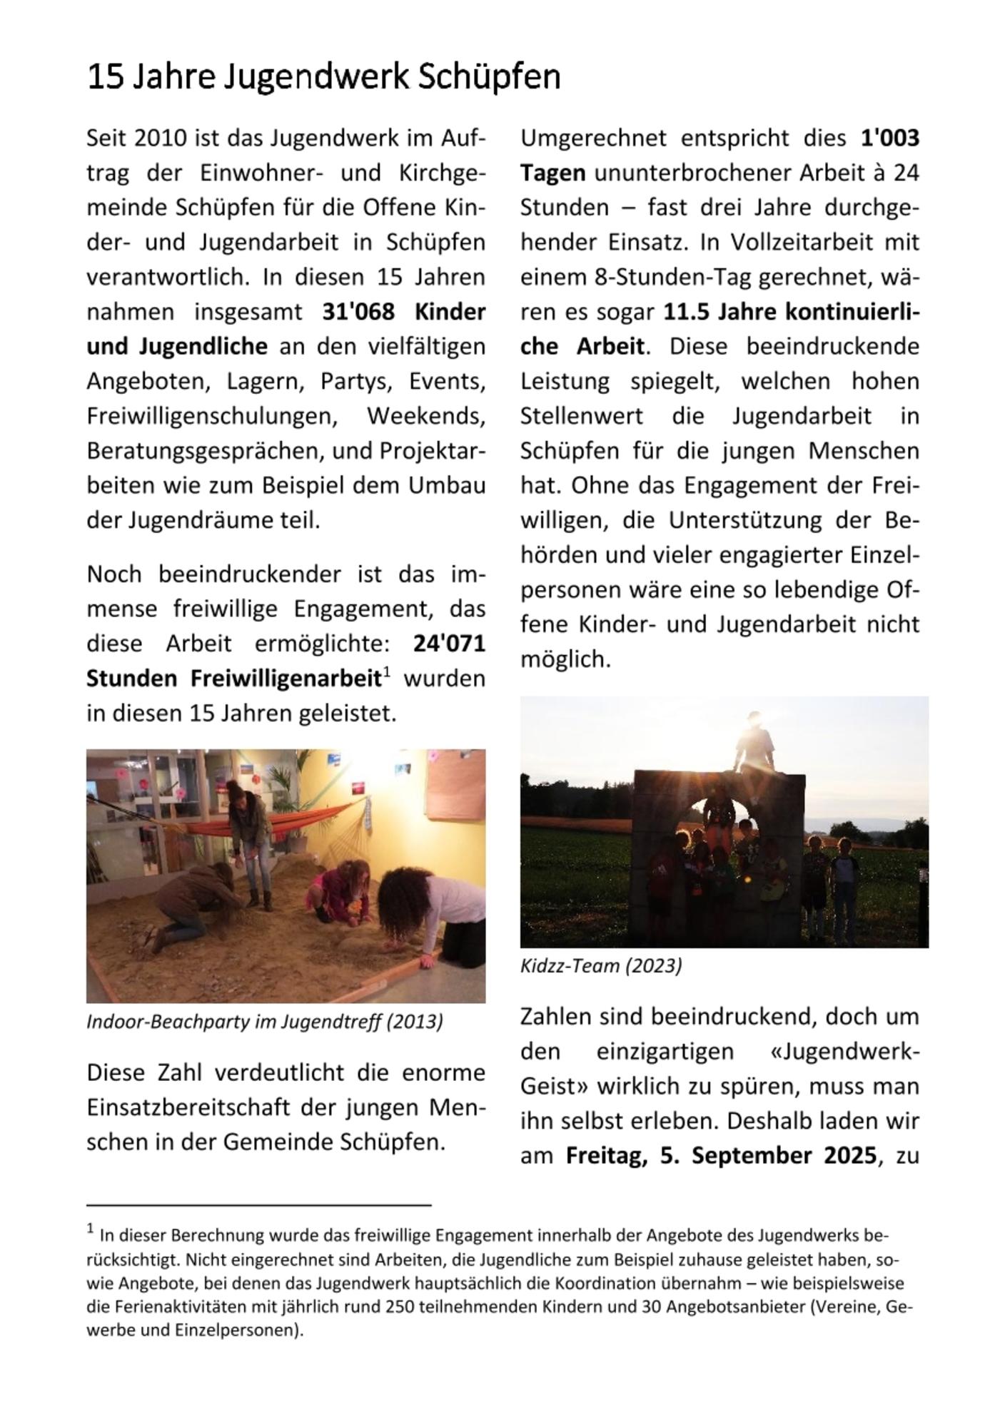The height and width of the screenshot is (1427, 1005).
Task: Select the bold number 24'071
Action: point(449,644)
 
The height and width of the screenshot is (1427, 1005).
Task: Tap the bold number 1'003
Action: point(889,138)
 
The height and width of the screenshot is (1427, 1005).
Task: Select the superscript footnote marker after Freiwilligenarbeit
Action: point(386,671)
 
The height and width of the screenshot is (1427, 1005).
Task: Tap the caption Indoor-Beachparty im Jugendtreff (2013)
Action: point(265,1022)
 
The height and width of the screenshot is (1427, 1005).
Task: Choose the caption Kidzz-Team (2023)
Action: point(601,966)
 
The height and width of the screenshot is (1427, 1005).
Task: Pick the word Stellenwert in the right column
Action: point(581,416)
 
